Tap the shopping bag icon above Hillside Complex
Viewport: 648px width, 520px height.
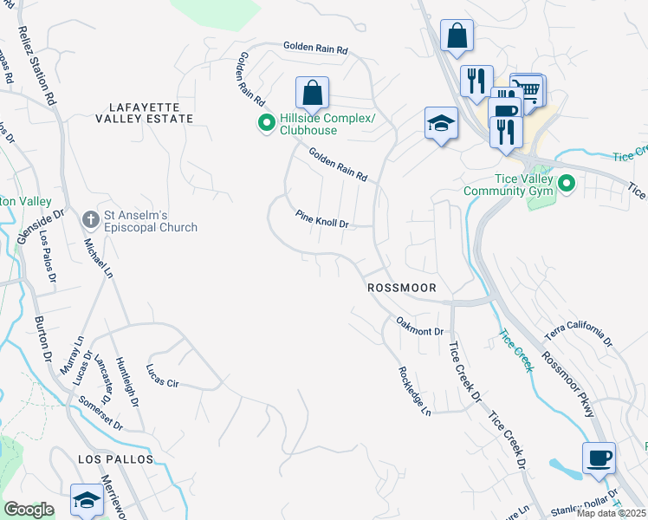point(312,92)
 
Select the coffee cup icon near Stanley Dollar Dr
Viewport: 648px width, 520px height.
point(599,458)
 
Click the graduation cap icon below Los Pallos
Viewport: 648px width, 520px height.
point(87,499)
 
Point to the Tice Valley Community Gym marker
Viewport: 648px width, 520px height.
point(566,184)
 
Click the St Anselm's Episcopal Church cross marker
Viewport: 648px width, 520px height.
point(89,220)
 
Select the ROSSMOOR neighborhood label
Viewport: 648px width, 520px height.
point(400,287)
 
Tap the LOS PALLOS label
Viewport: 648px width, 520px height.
point(115,458)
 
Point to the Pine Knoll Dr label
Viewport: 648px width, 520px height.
point(322,218)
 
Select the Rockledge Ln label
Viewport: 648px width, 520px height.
point(414,390)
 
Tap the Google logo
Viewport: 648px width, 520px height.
point(29,510)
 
